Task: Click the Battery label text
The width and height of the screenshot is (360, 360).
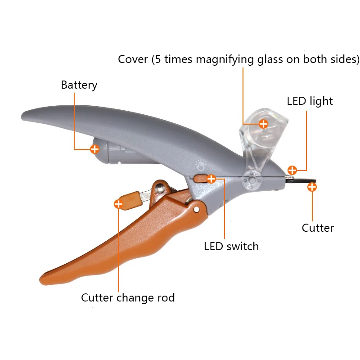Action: (79, 85)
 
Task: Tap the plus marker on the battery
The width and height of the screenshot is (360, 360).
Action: (94, 148)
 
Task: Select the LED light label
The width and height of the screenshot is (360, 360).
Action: (310, 101)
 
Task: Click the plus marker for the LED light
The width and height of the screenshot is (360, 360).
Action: (292, 170)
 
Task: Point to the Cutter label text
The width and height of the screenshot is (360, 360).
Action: (318, 228)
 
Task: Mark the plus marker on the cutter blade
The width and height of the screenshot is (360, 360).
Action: (312, 187)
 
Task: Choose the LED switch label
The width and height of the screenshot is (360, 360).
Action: (231, 246)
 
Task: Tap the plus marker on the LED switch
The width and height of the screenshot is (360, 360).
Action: (211, 179)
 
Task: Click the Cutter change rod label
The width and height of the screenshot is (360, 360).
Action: (128, 297)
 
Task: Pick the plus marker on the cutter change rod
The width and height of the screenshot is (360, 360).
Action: (118, 204)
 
